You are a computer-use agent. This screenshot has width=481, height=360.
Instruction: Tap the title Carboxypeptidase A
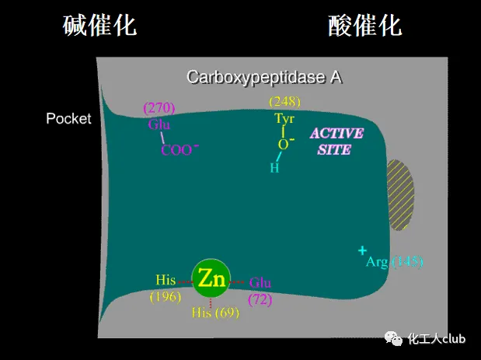(x=264, y=77)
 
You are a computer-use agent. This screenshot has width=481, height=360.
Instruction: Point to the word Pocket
(x=68, y=119)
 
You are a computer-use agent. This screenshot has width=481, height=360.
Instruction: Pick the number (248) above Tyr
(x=284, y=101)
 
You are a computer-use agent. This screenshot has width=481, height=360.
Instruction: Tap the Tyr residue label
(x=284, y=119)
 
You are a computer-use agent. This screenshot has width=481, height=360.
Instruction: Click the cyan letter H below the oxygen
(x=274, y=167)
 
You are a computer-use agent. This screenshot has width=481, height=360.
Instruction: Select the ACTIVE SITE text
(x=336, y=141)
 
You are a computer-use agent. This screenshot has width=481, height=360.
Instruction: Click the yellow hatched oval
(x=401, y=195)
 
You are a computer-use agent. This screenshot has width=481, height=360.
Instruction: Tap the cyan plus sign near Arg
(x=362, y=250)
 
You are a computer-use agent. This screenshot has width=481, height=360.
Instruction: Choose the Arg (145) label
(x=394, y=262)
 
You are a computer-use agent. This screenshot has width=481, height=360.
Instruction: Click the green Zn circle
(x=211, y=278)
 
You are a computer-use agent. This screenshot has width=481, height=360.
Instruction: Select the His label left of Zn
(x=166, y=280)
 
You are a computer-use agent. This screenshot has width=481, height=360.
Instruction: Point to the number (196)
(x=166, y=296)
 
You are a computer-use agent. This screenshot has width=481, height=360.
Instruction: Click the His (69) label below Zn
(x=215, y=313)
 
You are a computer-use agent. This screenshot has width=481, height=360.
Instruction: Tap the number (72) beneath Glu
(x=260, y=298)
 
